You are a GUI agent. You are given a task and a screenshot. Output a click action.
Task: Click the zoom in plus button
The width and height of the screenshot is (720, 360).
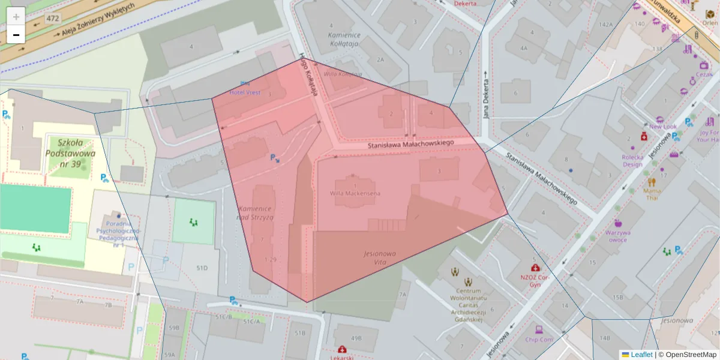16,16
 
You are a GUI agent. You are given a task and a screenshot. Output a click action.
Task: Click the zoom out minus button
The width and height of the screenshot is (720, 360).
16,35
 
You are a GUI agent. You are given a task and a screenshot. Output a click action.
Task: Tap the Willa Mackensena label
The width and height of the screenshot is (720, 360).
355,193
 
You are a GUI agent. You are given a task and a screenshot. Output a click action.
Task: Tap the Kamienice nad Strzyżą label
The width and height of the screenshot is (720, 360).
255,213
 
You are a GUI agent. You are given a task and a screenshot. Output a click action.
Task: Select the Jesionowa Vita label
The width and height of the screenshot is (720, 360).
379,258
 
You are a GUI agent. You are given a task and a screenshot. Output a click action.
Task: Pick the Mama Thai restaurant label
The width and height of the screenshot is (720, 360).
652,194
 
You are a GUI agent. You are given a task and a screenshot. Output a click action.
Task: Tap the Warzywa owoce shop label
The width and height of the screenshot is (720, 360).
617,236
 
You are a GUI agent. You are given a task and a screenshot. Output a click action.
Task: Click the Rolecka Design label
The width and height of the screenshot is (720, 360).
632,160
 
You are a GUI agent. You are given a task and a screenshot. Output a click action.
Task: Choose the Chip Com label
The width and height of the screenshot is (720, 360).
538,340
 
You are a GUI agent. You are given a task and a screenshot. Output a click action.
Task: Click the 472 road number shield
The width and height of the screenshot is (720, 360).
53,19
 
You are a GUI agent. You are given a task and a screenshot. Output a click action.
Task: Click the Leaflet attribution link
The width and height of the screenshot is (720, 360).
641,355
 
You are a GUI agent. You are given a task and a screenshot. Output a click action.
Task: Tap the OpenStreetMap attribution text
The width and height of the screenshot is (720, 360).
690,355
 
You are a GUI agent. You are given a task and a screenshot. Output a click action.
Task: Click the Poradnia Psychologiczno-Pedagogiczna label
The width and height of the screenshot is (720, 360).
117,234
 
